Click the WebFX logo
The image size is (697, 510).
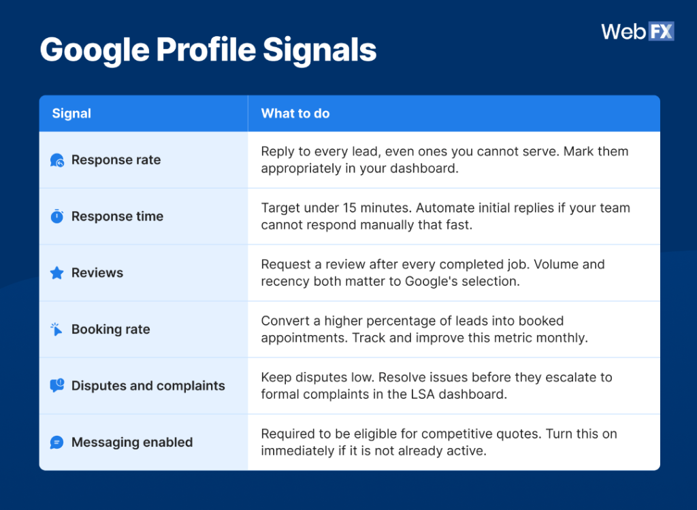(637, 31)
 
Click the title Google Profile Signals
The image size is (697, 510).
(208, 50)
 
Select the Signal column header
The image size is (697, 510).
(71, 114)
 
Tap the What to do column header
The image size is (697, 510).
(295, 114)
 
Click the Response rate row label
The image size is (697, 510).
(116, 160)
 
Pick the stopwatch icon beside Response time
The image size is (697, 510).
(57, 217)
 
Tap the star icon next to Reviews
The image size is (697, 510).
(57, 273)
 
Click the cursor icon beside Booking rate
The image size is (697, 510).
(57, 330)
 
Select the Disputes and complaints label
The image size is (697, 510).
(148, 386)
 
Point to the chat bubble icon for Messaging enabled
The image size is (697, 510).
(57, 443)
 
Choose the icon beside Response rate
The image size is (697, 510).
(57, 161)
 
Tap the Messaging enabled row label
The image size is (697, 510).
(132, 443)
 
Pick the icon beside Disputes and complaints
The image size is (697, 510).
(57, 386)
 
